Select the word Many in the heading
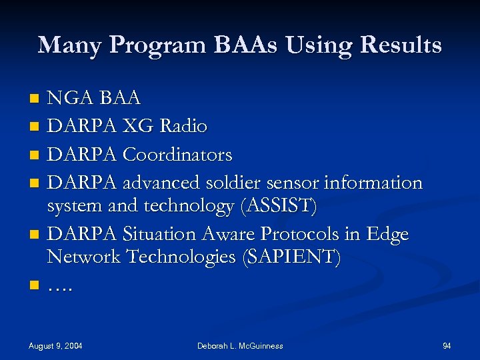pyautogui.click(x=69, y=45)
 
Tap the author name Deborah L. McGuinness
pyautogui.click(x=240, y=345)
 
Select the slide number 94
pyautogui.click(x=447, y=345)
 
